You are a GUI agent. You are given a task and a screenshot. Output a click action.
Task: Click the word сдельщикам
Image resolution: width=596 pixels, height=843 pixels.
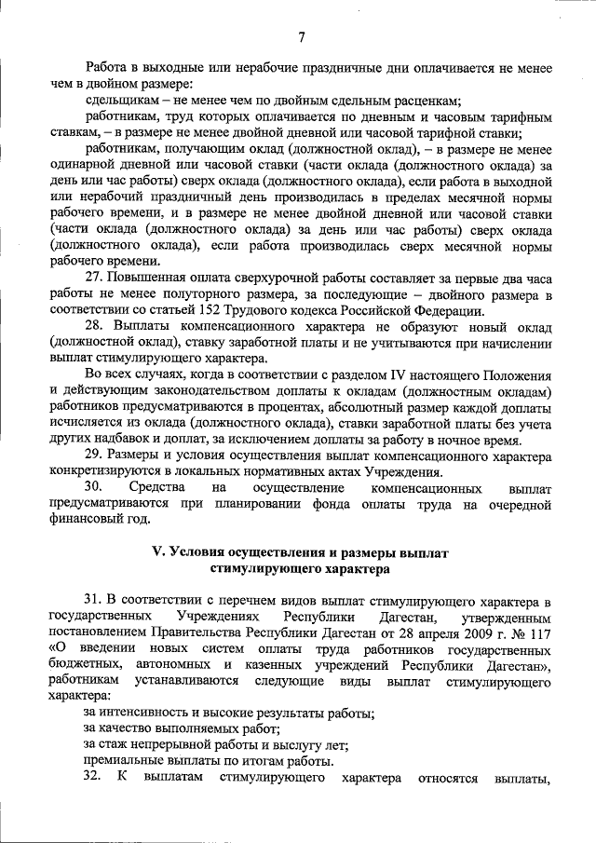(x=120, y=101)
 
